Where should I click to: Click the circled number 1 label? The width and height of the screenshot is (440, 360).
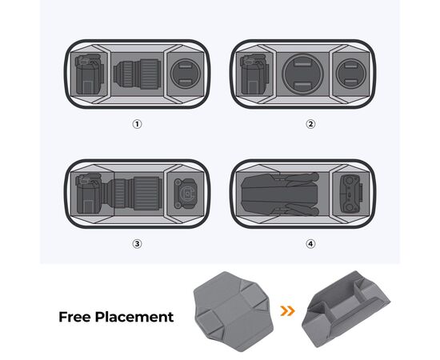pos(137,124)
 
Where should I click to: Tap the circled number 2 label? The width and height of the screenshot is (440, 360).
pos(310,124)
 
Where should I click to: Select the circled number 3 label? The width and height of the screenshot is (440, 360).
pos(137,244)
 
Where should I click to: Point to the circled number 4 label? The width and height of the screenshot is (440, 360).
pos(310,244)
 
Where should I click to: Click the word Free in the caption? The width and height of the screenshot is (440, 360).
pos(74,317)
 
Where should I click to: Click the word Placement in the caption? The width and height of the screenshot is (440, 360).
pos(134,318)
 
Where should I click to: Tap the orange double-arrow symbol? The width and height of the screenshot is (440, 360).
pos(288,311)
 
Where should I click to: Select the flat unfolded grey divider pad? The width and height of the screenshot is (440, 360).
pos(233,311)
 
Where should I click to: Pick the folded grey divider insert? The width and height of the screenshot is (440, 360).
pos(346,309)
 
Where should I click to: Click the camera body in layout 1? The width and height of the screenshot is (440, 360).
pos(90,74)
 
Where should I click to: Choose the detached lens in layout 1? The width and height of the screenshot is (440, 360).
pos(137,74)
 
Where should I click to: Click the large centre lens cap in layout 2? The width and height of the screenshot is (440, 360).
pos(302,74)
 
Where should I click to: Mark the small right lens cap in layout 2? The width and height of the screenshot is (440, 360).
pos(351,74)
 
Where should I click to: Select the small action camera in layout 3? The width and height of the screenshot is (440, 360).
pos(186,194)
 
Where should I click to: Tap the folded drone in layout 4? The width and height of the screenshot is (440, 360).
pos(280,194)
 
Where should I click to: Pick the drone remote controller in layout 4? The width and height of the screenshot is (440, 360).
pos(351,194)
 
